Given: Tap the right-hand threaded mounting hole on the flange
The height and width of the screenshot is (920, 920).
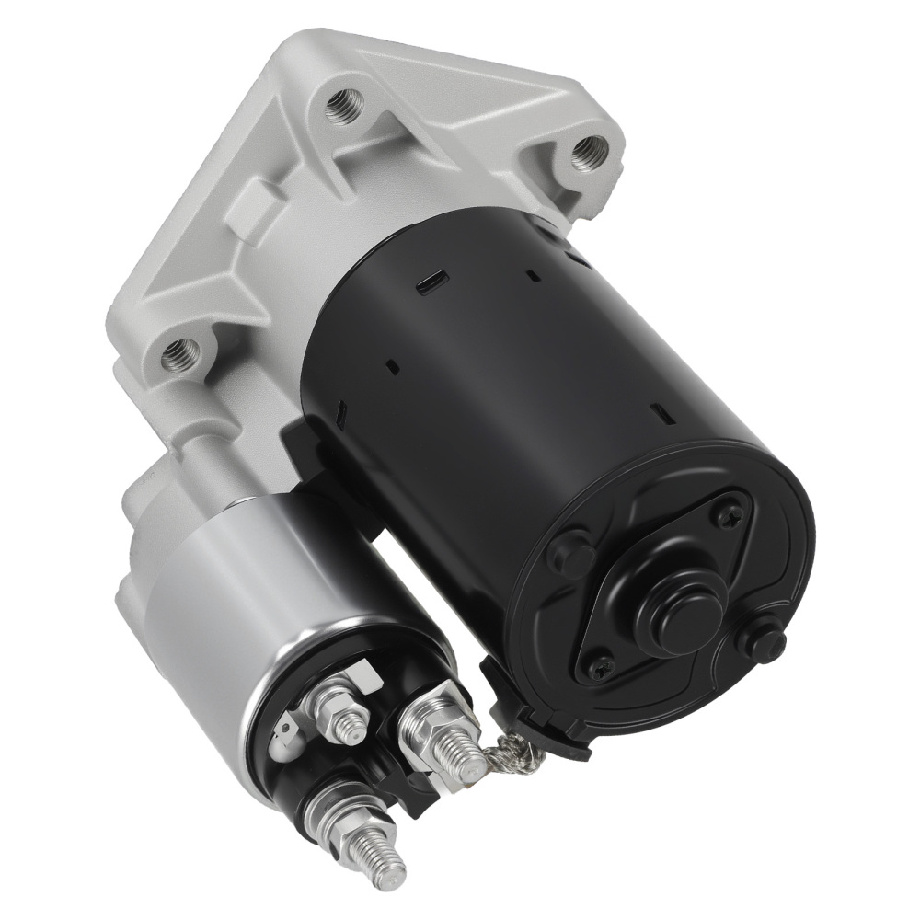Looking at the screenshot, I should pos(588,152).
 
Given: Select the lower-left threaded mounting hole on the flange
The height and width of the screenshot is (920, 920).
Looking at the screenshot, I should pos(180,352).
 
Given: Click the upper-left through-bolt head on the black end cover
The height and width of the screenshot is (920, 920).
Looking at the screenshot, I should pos(570,552).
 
